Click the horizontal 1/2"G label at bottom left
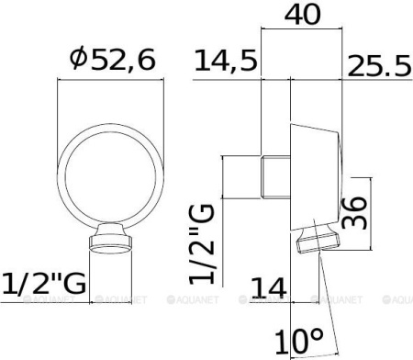[45, 285]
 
